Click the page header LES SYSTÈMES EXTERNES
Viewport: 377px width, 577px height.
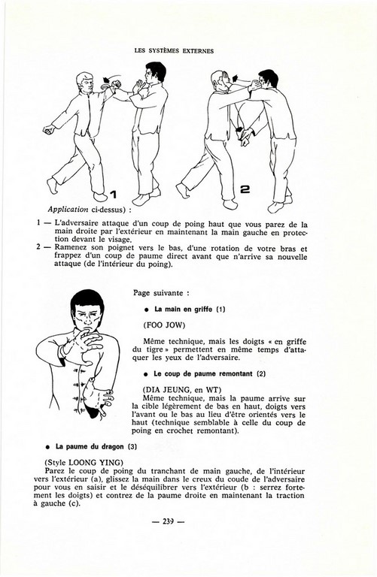pos(174,51)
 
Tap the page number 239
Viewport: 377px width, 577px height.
pos(168,521)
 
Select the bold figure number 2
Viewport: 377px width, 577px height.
pos(245,189)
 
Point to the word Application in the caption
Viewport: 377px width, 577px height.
pos(68,210)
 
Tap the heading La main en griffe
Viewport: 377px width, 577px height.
pos(183,309)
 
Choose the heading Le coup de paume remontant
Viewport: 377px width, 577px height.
pos(204,374)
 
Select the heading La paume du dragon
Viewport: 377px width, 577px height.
pos(90,446)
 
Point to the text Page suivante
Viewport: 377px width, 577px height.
pos(160,293)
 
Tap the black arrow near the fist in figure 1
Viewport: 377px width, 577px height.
pos(107,80)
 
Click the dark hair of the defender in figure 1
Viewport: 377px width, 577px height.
pos(156,69)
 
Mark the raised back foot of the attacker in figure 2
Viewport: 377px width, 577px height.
pos(183,190)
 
